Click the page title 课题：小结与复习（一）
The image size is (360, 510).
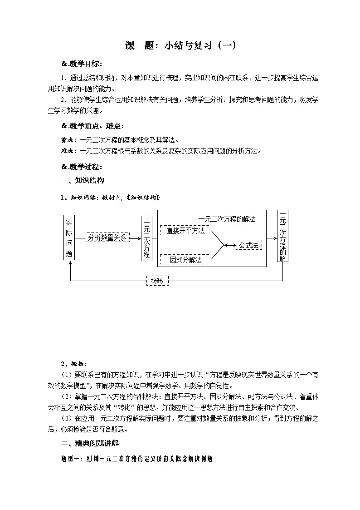[180, 46]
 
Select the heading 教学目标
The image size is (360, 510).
[82, 63]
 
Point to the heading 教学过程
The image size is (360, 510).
[82, 166]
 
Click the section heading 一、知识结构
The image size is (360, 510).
[83, 180]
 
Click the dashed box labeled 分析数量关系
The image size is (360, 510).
[107, 238]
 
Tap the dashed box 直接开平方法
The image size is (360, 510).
[185, 231]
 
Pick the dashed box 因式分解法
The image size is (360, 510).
[186, 260]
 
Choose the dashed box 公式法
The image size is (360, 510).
[248, 245]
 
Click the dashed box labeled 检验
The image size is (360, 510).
[157, 282]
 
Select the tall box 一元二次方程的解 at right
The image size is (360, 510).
[282, 236]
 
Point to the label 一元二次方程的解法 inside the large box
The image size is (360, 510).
[227, 219]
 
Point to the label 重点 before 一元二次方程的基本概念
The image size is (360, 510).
[69, 140]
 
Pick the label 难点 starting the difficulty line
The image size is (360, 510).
[69, 151]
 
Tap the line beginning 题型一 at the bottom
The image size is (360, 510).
[136, 459]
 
